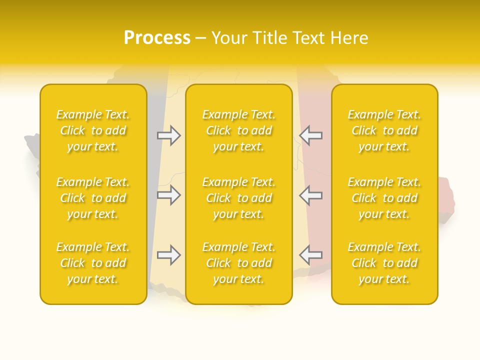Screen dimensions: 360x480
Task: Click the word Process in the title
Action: (157, 38)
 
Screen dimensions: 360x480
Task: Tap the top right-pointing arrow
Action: (169, 135)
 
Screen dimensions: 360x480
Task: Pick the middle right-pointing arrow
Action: (169, 195)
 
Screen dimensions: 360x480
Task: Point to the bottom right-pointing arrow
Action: (169, 255)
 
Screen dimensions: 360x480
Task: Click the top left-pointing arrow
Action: (311, 135)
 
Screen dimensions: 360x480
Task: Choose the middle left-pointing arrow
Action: (311, 195)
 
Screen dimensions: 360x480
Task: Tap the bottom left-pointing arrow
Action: (311, 255)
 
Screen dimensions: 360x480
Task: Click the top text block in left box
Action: (93, 130)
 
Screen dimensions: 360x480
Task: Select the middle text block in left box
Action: (93, 198)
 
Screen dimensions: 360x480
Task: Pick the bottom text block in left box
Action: (93, 263)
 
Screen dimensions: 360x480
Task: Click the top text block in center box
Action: (239, 130)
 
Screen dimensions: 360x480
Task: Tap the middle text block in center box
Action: (239, 198)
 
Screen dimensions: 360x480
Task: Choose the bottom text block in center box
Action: (239, 263)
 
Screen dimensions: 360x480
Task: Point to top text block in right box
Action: (384, 130)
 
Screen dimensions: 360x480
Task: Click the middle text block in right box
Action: (384, 198)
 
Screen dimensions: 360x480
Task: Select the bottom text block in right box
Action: (384, 263)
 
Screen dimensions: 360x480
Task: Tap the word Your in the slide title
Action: (229, 38)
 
